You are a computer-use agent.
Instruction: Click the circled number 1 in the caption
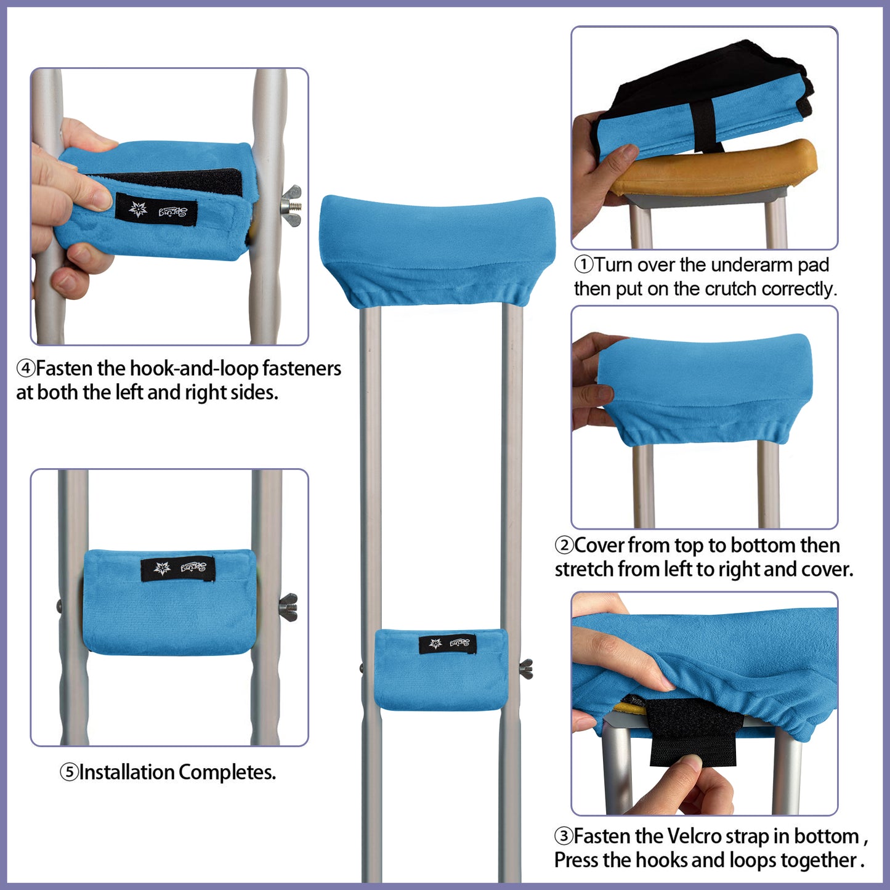point(583,265)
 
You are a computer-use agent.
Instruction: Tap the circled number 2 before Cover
point(564,546)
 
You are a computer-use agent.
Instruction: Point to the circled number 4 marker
point(25,369)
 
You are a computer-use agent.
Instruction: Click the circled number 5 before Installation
point(69,772)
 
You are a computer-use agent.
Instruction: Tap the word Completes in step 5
point(227,772)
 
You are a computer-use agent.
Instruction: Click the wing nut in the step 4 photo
point(291,205)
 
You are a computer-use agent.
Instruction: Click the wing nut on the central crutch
point(525,668)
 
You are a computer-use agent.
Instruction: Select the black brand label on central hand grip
point(448,644)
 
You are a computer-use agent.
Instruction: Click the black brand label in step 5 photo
point(177,568)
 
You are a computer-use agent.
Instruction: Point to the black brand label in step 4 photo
point(156,211)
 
